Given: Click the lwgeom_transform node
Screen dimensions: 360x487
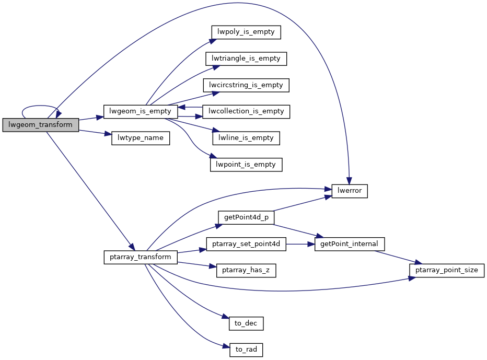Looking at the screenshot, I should pyautogui.click(x=41, y=125).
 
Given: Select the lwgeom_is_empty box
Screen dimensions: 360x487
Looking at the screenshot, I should pyautogui.click(x=141, y=111).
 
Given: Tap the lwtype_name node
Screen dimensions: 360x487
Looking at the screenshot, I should pyautogui.click(x=141, y=138).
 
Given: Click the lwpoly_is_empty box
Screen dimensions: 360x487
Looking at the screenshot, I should pyautogui.click(x=246, y=32).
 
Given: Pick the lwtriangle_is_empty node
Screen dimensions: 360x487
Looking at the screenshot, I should pyautogui.click(x=246, y=59).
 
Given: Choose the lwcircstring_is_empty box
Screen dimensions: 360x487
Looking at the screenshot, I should pyautogui.click(x=246, y=85).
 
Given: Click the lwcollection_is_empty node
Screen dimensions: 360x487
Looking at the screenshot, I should pyautogui.click(x=246, y=111).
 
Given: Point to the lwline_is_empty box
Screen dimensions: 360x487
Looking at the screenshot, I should pyautogui.click(x=246, y=138).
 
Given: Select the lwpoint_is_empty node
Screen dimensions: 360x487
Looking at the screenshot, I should pyautogui.click(x=246, y=165).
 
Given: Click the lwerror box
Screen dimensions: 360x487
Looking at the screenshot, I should pyautogui.click(x=350, y=191).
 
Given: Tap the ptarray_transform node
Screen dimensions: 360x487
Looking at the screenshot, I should pyautogui.click(x=141, y=257).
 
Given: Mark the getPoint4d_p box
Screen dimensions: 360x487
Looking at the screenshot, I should pyautogui.click(x=246, y=218).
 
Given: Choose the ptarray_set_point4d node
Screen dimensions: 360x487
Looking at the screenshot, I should pyautogui.click(x=246, y=244).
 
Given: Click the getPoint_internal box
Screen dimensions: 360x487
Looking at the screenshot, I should pyautogui.click(x=350, y=244).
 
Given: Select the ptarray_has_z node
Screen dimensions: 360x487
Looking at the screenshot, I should pyautogui.click(x=246, y=271).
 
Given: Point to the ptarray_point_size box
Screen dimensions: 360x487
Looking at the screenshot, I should pyautogui.click(x=447, y=271).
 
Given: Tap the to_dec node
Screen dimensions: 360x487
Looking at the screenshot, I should pyautogui.click(x=246, y=323).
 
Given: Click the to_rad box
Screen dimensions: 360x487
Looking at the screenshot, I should pyautogui.click(x=246, y=350).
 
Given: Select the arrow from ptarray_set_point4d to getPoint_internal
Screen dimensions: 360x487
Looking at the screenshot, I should pyautogui.click(x=300, y=244).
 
